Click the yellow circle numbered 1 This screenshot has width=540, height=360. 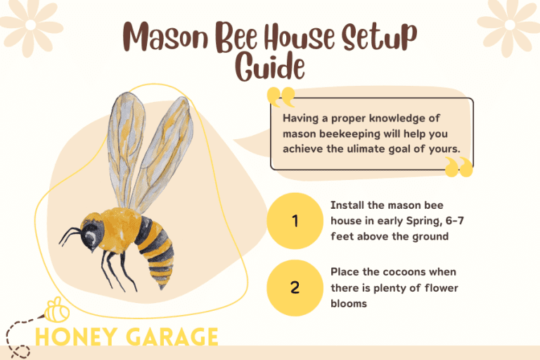(295, 221)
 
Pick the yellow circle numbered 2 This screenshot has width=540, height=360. (295, 287)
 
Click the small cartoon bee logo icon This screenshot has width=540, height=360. (56, 310)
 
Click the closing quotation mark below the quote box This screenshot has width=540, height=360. (458, 167)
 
